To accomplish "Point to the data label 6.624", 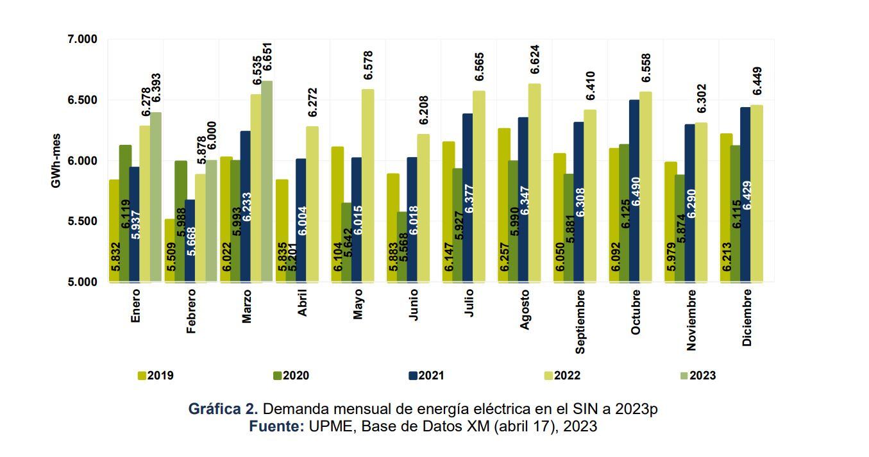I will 535,60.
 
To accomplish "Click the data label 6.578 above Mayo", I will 368,65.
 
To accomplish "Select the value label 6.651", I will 267,59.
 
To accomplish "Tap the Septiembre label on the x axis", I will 580,320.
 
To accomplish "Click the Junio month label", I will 413,304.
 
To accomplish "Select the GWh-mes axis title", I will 56,161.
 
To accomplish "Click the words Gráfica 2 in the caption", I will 223,409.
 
